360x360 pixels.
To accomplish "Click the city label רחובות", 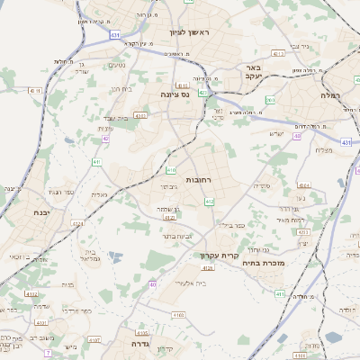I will pyautogui.click(x=198, y=180).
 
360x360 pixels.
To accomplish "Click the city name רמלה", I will pyautogui.click(x=332, y=94).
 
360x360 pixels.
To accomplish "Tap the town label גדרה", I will pyautogui.click(x=143, y=344).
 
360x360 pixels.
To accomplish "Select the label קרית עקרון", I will pyautogui.click(x=220, y=256).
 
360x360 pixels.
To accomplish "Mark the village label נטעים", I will pyautogui.click(x=117, y=65).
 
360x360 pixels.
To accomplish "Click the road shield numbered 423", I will pyautogui.click(x=204, y=92).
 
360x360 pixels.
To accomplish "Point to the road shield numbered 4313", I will pyautogui.click(x=278, y=54).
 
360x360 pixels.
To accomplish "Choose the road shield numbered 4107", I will pyautogui.click(x=31, y=292).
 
